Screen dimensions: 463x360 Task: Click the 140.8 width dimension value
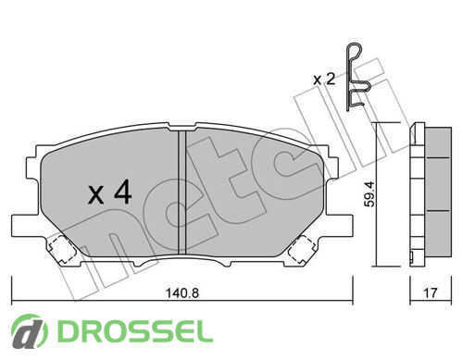(182, 293)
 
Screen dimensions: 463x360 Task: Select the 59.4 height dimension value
(369, 194)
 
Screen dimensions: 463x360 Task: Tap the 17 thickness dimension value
(431, 292)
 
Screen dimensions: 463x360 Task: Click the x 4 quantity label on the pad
(110, 192)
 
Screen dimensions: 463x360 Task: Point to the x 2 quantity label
(324, 80)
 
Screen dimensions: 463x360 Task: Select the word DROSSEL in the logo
(135, 331)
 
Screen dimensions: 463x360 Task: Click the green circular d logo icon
(30, 331)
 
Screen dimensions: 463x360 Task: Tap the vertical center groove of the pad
(182, 192)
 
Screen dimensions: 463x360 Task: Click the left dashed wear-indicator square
(62, 249)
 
